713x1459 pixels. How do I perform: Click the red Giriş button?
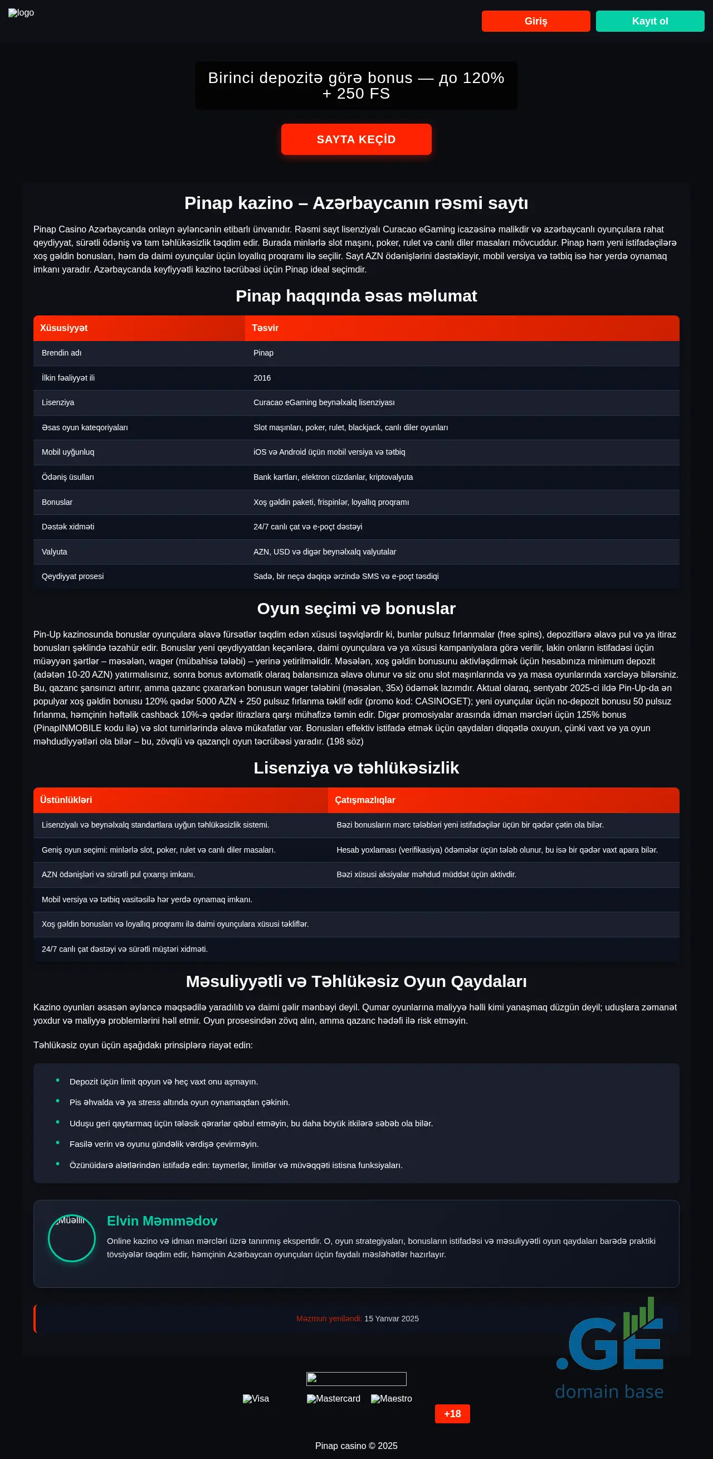click(x=535, y=21)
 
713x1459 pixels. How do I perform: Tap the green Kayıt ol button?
click(x=649, y=21)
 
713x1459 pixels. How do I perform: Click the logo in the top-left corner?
click(x=21, y=13)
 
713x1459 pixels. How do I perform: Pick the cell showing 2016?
click(x=262, y=378)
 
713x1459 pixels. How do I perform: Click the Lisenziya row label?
click(x=58, y=403)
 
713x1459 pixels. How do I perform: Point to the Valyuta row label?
click(x=55, y=552)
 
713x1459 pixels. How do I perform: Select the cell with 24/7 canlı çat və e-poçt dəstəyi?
click(x=307, y=527)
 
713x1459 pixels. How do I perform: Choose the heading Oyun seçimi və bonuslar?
click(x=356, y=609)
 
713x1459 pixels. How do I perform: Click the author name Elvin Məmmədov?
click(x=162, y=1220)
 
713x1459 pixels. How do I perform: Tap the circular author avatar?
click(x=72, y=1238)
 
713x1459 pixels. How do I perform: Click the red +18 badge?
click(x=452, y=1414)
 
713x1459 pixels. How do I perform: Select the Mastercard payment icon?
click(x=334, y=1398)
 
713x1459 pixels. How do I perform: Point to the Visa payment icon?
click(x=256, y=1398)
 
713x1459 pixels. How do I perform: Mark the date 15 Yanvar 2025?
click(x=392, y=1319)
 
